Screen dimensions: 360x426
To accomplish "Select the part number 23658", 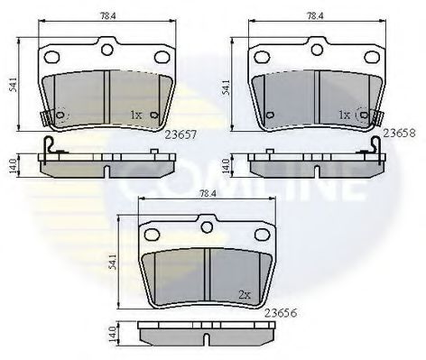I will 400,131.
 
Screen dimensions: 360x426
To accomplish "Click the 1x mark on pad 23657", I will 135,115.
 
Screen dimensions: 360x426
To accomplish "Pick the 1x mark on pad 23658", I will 343,115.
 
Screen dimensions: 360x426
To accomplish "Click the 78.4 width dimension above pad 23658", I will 315,15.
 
